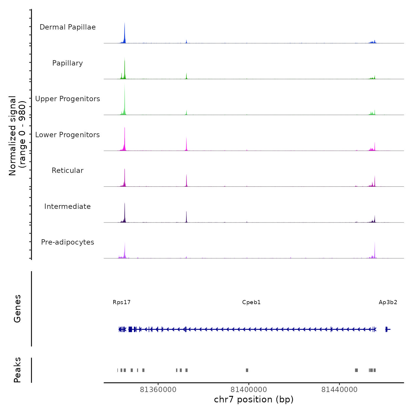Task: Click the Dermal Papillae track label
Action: coord(68,27)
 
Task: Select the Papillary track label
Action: coord(68,63)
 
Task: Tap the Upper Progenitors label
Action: coord(68,99)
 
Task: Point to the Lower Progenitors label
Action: coord(68,135)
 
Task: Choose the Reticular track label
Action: coord(68,171)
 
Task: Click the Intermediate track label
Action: coord(68,206)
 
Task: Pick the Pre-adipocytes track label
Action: coord(68,242)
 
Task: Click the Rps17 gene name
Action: coord(122,302)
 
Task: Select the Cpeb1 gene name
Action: coord(251,302)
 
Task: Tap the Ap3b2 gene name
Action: coord(388,302)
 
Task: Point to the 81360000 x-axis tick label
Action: coord(158,390)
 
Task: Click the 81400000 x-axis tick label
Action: coord(249,390)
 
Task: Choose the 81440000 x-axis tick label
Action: coord(339,390)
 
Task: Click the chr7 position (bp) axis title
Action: coord(254,399)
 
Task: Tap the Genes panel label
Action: coord(17,309)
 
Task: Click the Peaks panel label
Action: coord(17,370)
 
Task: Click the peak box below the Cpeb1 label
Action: coord(247,370)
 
